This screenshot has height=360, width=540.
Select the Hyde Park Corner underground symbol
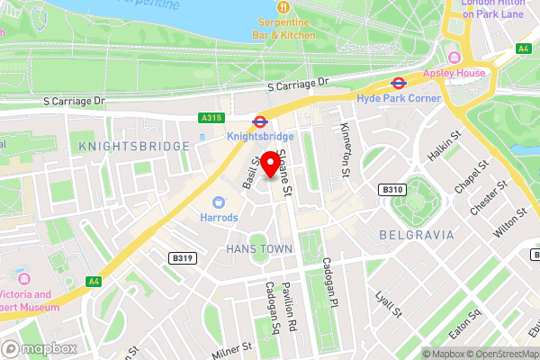397,83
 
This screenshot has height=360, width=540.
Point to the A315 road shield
211,118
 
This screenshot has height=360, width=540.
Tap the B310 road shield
391,190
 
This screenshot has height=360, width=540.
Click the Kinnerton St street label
345,150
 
